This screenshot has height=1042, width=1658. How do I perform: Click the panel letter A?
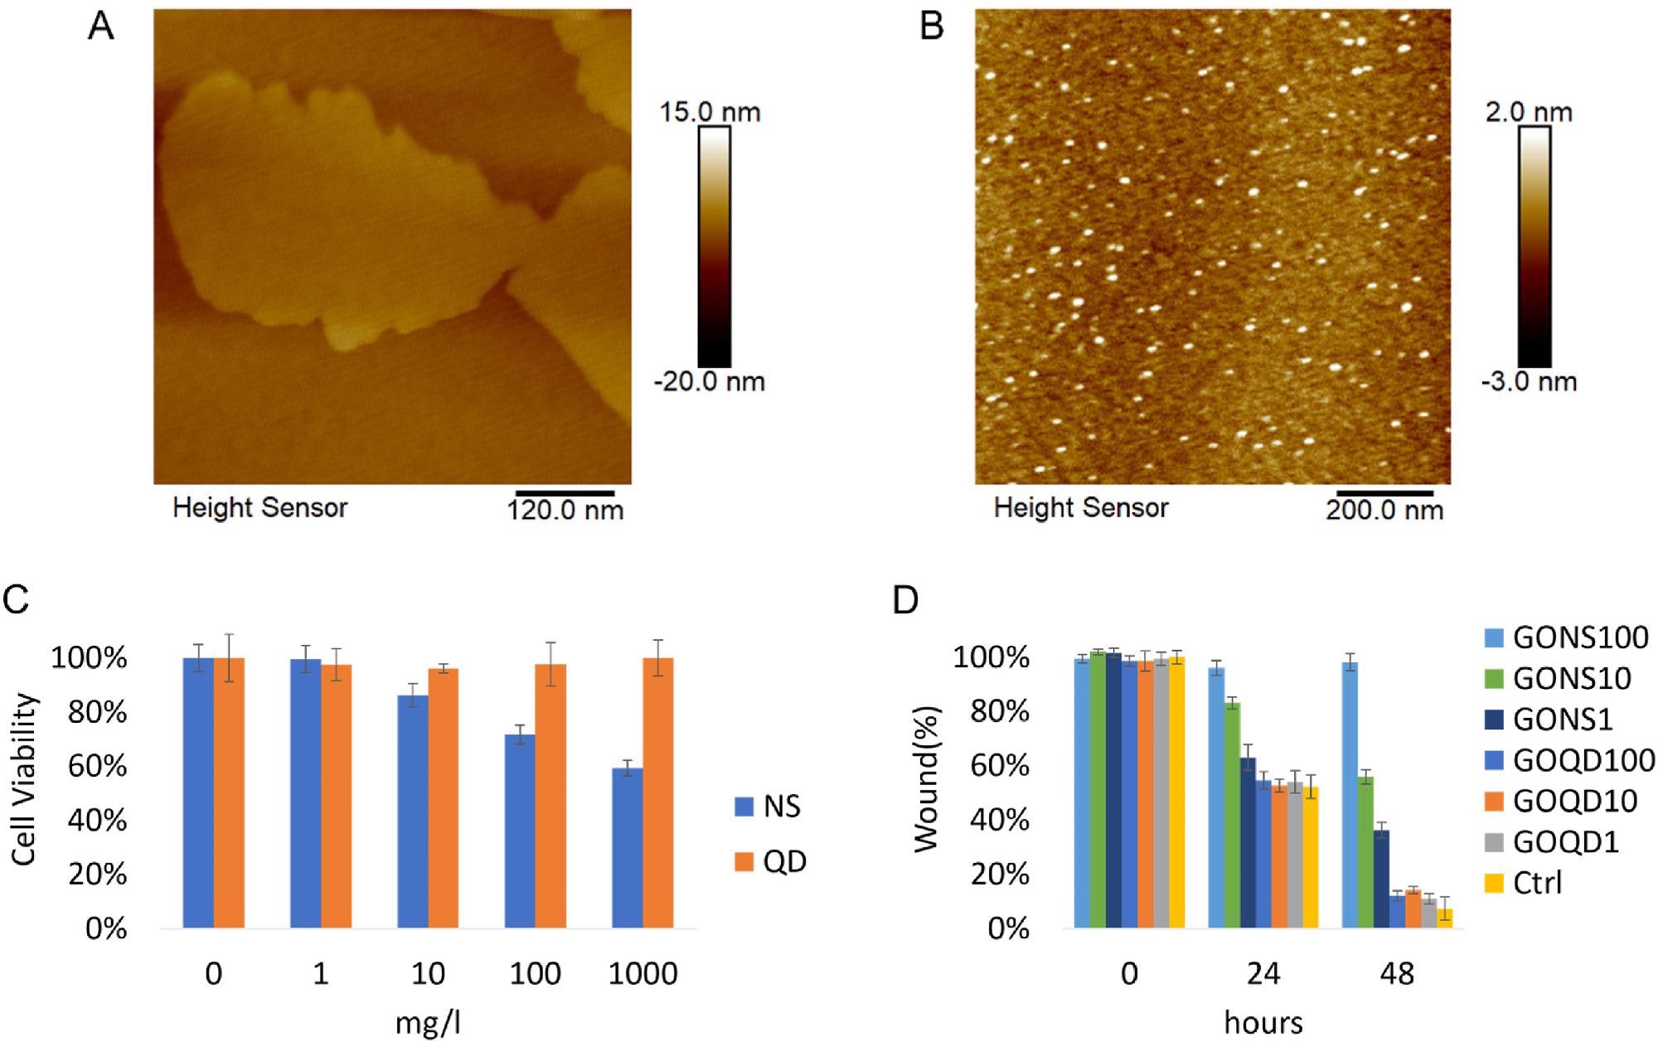click(101, 27)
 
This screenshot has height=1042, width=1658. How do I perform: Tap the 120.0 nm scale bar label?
click(565, 509)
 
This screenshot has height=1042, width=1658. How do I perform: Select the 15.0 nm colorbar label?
click(710, 112)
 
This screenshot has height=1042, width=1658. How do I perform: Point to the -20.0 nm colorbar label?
click(709, 382)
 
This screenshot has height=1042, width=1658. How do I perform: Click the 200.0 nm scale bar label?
click(1384, 509)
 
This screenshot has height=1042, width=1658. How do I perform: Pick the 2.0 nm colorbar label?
click(1529, 112)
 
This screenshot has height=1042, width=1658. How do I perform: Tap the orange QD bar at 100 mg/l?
click(550, 796)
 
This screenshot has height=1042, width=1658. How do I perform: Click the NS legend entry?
click(768, 807)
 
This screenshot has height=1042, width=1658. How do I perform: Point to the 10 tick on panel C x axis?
click(428, 973)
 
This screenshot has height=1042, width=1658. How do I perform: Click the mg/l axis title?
click(428, 1023)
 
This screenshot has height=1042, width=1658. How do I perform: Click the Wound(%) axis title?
click(926, 779)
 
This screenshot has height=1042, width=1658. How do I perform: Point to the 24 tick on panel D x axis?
click(1263, 973)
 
